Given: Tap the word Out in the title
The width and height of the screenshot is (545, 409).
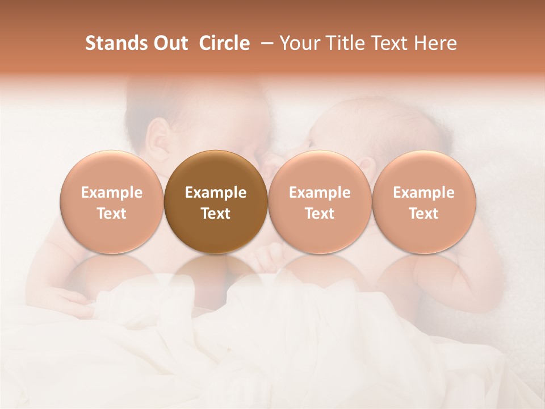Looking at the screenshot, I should [x=170, y=43].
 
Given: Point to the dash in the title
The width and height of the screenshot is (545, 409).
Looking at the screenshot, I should [x=265, y=43].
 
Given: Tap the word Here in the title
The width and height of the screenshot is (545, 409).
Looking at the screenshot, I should [x=435, y=43].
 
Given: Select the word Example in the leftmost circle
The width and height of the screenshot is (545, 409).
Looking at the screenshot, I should [x=112, y=193].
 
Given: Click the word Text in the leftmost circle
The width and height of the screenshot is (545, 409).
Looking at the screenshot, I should [x=112, y=214].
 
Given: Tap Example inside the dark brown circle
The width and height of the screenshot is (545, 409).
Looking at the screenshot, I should [x=216, y=193].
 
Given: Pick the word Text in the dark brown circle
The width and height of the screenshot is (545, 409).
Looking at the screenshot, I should [x=216, y=214].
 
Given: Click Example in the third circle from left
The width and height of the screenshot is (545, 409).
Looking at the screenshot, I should [x=320, y=193].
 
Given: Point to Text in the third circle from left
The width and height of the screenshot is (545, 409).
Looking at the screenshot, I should [x=320, y=214].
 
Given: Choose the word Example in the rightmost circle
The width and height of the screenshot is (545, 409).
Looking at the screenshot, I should [x=424, y=193].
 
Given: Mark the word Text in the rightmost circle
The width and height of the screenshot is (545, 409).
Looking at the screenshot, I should [x=424, y=214].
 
